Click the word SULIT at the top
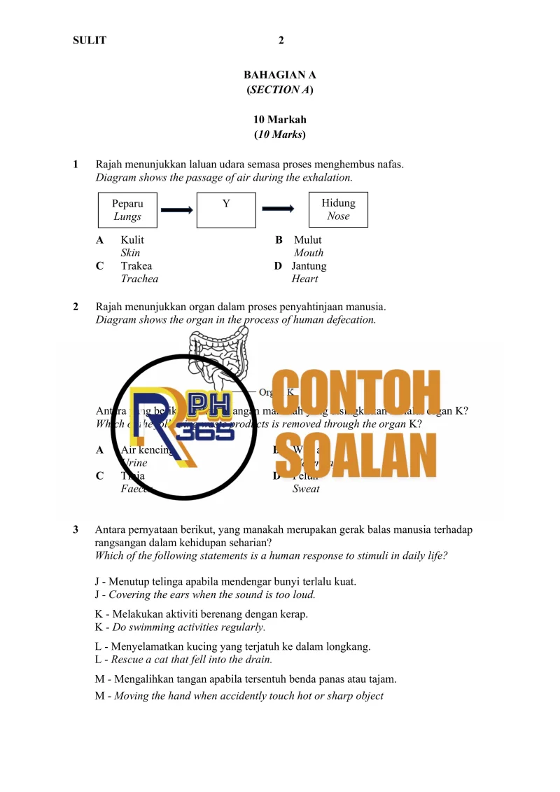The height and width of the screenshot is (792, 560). click(x=90, y=41)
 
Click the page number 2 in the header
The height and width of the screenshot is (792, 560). click(x=281, y=41)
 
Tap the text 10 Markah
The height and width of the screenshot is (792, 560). click(x=280, y=120)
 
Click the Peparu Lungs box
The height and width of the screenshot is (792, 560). click(x=127, y=210)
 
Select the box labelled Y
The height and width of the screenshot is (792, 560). click(x=226, y=210)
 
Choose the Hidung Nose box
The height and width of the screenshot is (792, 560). click(x=338, y=210)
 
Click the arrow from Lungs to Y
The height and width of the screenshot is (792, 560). click(x=176, y=209)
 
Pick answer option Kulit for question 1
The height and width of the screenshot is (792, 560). click(x=132, y=240)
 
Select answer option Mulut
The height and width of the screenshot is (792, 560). click(x=307, y=240)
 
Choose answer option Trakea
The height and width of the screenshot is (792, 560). click(x=136, y=266)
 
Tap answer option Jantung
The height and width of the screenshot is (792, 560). click(x=309, y=266)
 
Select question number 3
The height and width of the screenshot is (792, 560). click(x=76, y=530)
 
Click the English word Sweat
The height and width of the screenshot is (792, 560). click(x=306, y=489)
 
